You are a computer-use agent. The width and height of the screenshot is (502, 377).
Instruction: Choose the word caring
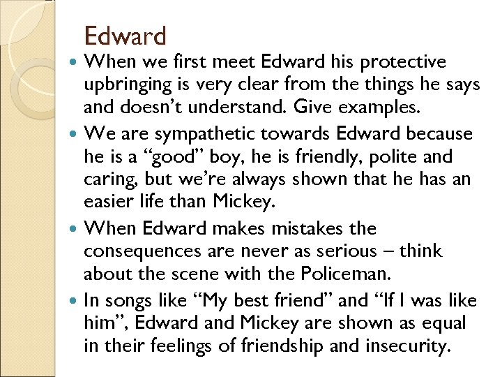coord(107,180)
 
